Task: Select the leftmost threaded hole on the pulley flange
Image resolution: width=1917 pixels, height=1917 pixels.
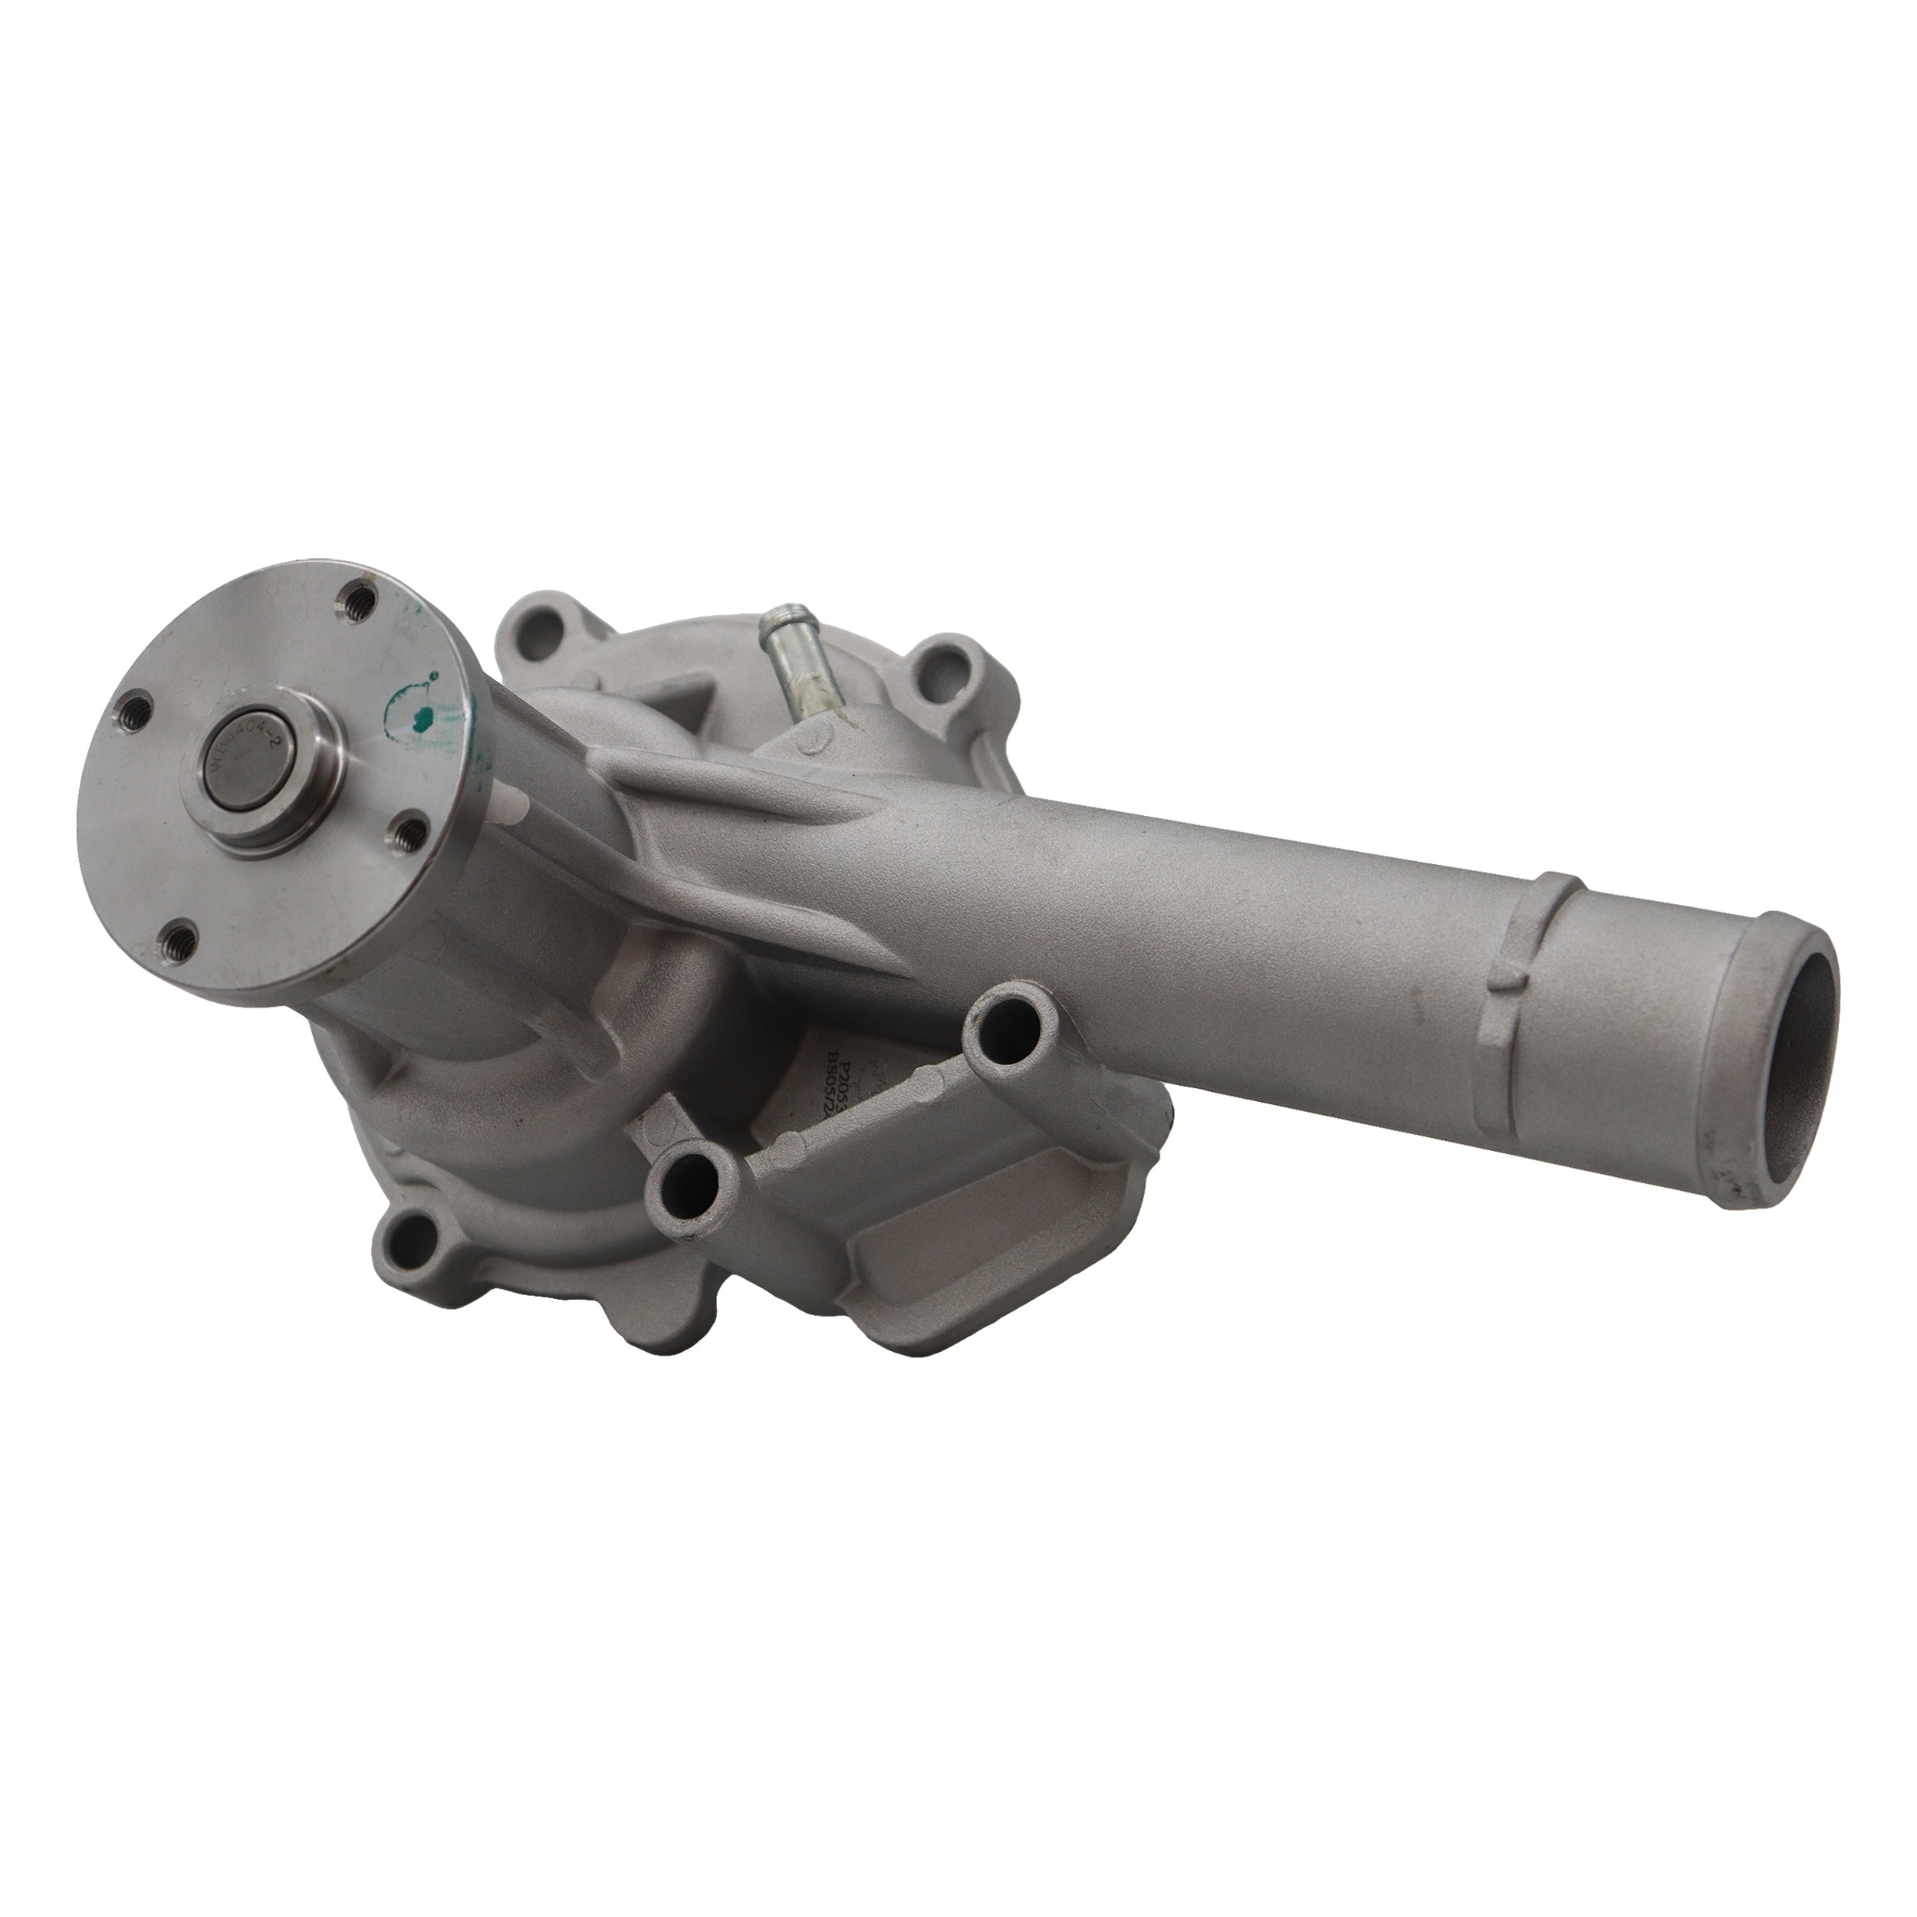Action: pos(133,709)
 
